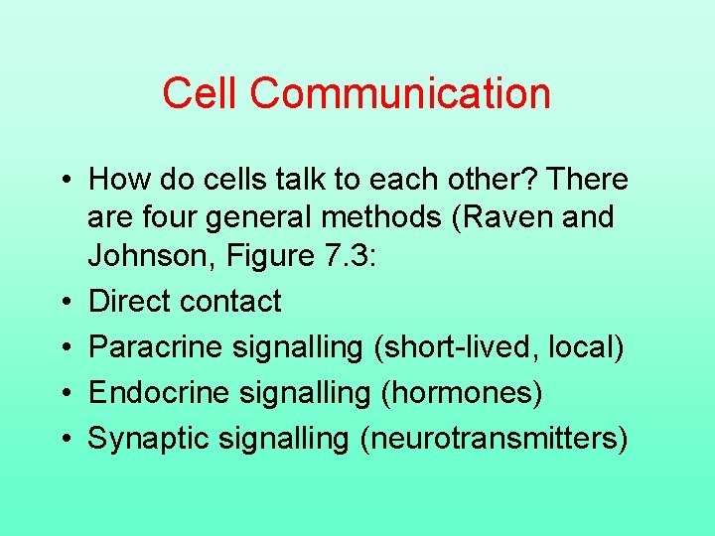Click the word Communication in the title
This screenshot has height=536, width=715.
[x=400, y=94]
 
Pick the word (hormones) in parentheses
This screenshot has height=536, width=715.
[x=462, y=393]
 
